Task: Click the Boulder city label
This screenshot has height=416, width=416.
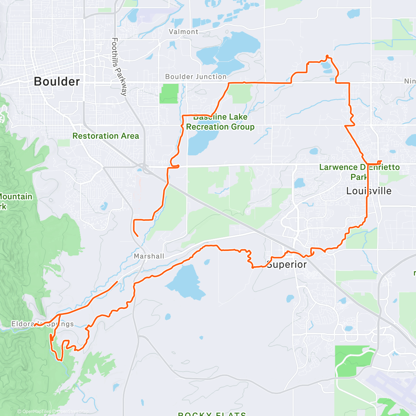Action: click(x=57, y=81)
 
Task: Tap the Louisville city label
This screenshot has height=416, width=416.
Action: click(x=369, y=191)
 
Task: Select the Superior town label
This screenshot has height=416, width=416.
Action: click(x=287, y=265)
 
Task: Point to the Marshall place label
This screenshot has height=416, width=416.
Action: click(x=149, y=256)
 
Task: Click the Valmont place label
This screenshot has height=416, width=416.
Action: click(x=183, y=32)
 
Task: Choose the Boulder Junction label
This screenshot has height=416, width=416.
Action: click(x=196, y=77)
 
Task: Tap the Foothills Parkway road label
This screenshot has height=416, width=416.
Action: click(x=119, y=67)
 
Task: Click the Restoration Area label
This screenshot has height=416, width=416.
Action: click(x=106, y=136)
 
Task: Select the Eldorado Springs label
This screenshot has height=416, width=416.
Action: click(x=43, y=324)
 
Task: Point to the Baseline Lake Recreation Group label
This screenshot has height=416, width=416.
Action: click(x=220, y=122)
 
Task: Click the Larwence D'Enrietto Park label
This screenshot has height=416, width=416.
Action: click(x=359, y=172)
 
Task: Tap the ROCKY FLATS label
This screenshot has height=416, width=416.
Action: click(x=212, y=414)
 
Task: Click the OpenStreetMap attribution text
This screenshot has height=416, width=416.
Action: click(x=72, y=411)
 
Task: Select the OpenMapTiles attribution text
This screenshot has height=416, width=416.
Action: click(x=36, y=411)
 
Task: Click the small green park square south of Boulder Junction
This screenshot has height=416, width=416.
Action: click(x=169, y=93)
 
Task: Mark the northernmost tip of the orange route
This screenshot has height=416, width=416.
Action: click(x=327, y=55)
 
